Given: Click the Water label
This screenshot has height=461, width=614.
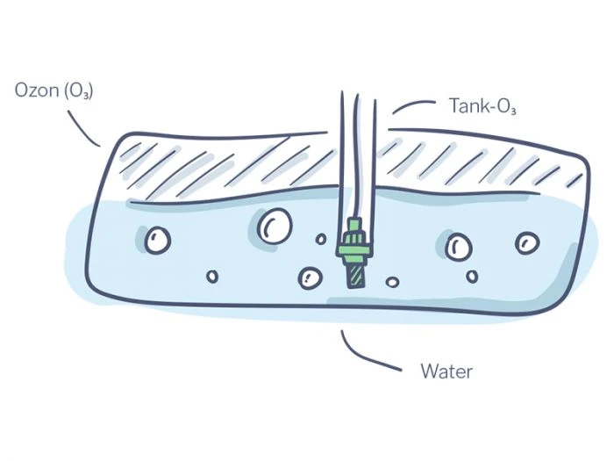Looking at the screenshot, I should (x=446, y=371).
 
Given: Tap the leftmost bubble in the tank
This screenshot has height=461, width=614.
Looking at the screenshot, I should (x=158, y=239).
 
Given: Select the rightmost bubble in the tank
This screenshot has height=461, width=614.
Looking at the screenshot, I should (x=527, y=242).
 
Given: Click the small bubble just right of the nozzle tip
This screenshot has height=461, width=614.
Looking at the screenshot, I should (x=392, y=282).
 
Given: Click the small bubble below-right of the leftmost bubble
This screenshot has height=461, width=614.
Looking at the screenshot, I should (x=212, y=277).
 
